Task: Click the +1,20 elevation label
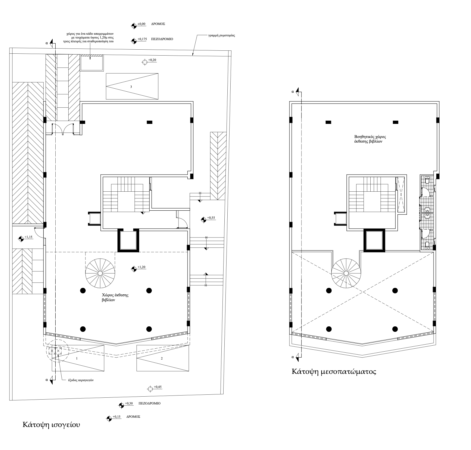[141, 267]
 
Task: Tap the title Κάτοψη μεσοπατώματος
[334, 371]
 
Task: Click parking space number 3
[131, 87]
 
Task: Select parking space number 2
[162, 358]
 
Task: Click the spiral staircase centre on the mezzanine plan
[346, 273]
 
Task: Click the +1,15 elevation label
[28, 237]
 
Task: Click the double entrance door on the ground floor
[63, 129]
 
